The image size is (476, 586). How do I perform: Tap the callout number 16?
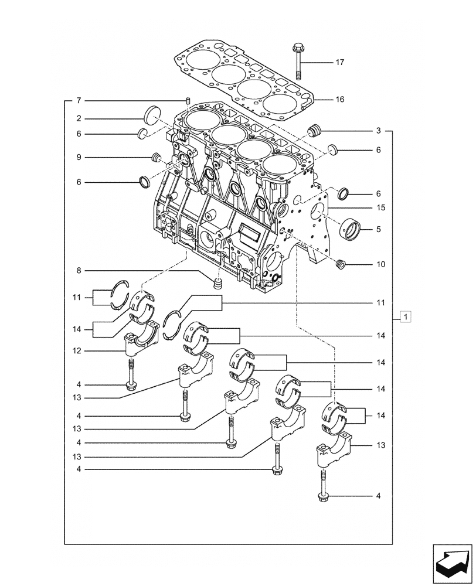tap(339, 100)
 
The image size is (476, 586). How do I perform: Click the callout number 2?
tap(79, 118)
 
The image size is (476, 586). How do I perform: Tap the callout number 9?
tap(79, 157)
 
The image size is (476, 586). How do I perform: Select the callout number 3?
tap(379, 130)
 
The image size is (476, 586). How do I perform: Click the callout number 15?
tap(380, 207)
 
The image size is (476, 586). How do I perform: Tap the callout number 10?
tap(380, 264)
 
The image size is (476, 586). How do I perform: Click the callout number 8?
tap(79, 271)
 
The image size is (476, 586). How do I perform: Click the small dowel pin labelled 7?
tap(187, 101)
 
